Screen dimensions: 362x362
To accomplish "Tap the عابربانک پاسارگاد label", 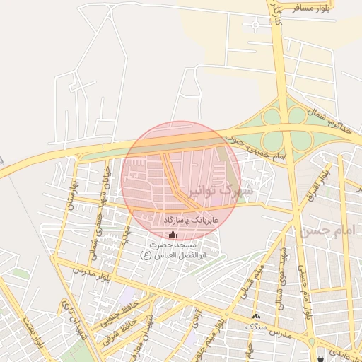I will (192, 221).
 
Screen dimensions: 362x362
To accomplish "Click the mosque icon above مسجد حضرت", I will (173, 233).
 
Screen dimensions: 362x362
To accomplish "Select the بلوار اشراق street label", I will (322, 183).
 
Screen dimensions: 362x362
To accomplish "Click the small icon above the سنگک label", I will (256, 316).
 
